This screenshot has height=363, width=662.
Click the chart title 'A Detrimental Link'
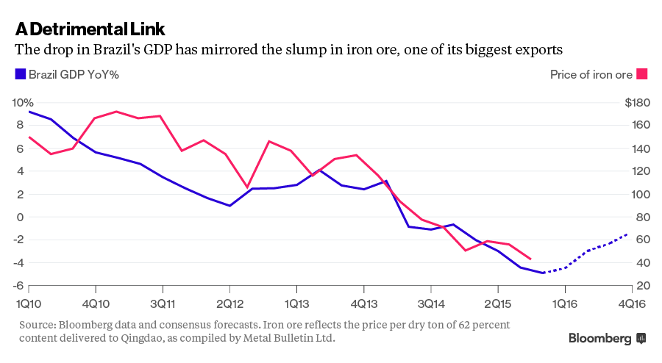90,29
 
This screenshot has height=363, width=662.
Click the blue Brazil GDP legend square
21,74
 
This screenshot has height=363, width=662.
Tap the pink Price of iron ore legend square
641,74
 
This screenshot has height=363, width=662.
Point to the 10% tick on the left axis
24,102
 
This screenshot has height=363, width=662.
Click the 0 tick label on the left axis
24,217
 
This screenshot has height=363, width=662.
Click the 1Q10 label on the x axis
28,302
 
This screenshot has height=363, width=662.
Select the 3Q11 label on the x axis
162,302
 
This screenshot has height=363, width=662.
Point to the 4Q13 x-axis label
363,302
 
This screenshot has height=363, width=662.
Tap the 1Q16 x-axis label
565,302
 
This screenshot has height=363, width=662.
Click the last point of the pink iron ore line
531,259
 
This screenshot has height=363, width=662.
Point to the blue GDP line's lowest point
543,273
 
